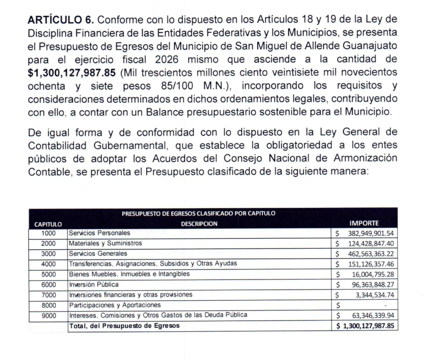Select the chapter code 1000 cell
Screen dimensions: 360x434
tap(48, 233)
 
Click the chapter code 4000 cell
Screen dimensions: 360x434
tap(48, 264)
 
